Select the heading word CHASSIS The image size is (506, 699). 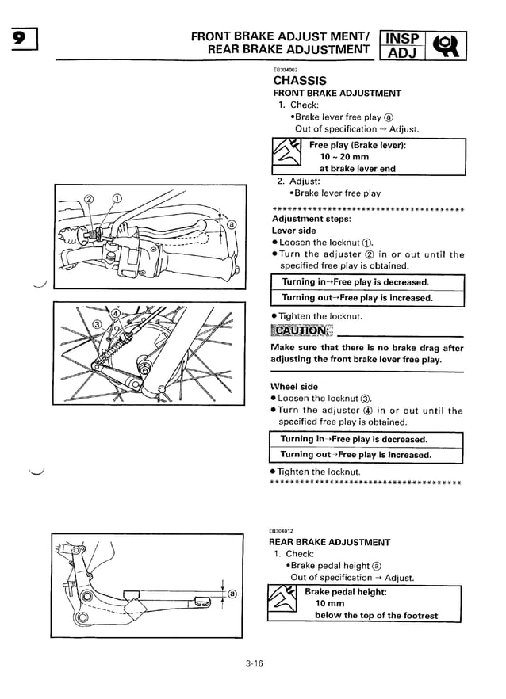pyautogui.click(x=300, y=80)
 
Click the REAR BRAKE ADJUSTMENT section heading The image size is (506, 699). pyautogui.click(x=329, y=542)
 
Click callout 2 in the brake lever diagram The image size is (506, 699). pyautogui.click(x=89, y=198)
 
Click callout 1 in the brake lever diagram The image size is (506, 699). pyautogui.click(x=117, y=198)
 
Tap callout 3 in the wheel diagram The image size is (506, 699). pyautogui.click(x=97, y=323)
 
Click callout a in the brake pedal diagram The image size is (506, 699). pyautogui.click(x=232, y=594)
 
